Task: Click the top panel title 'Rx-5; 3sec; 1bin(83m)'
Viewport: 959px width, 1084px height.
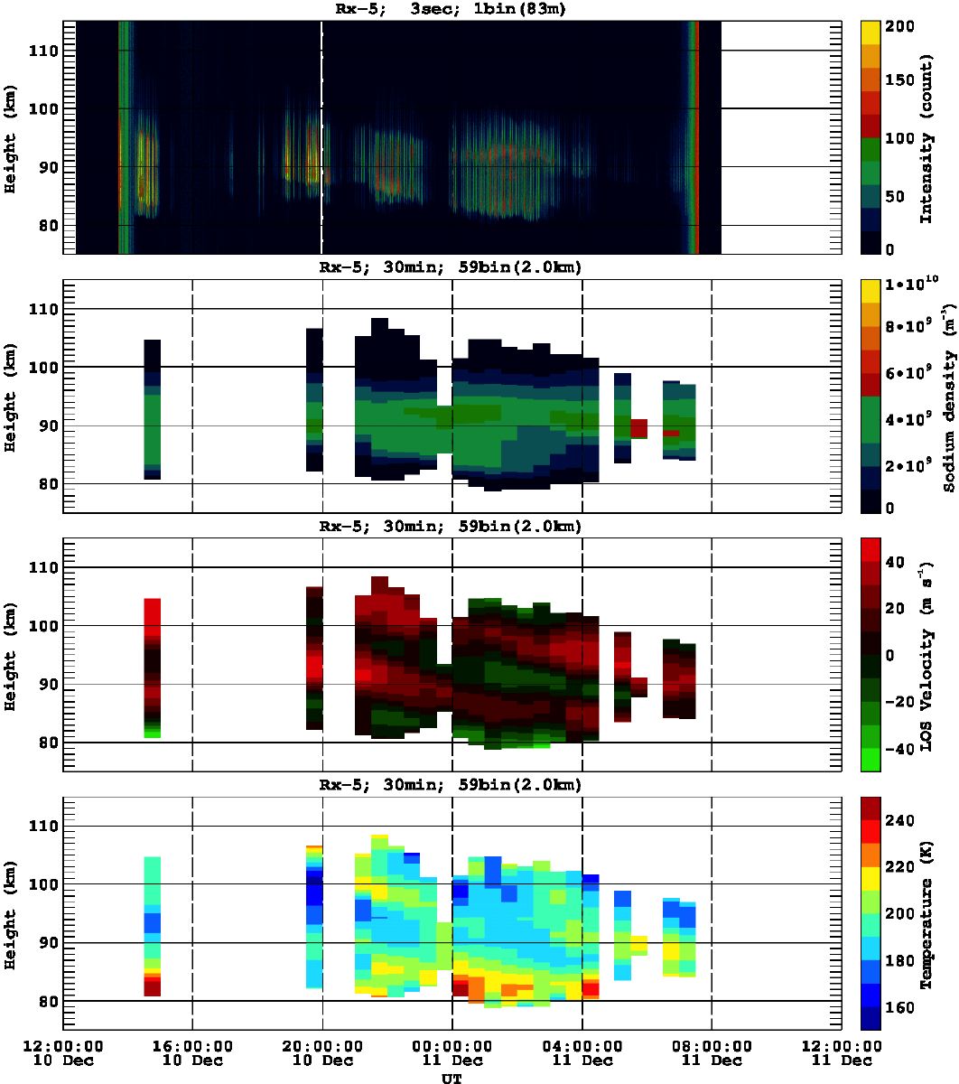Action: point(452,10)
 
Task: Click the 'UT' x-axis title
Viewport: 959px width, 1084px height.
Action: point(452,1077)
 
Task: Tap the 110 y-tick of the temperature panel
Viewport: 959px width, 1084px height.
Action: point(43,827)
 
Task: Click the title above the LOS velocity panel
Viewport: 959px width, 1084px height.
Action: point(452,527)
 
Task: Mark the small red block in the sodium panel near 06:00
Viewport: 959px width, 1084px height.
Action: point(638,427)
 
